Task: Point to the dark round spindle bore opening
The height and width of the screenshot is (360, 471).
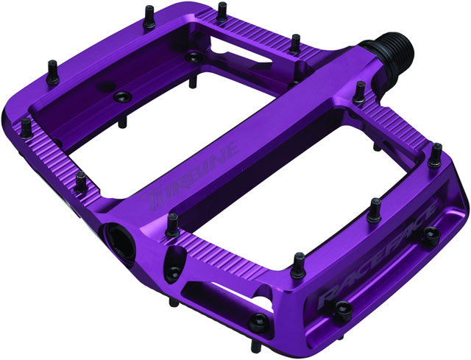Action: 117,236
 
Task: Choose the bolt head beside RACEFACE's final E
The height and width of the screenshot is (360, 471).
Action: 430,235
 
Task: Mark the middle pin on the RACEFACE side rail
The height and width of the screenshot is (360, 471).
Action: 375,210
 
